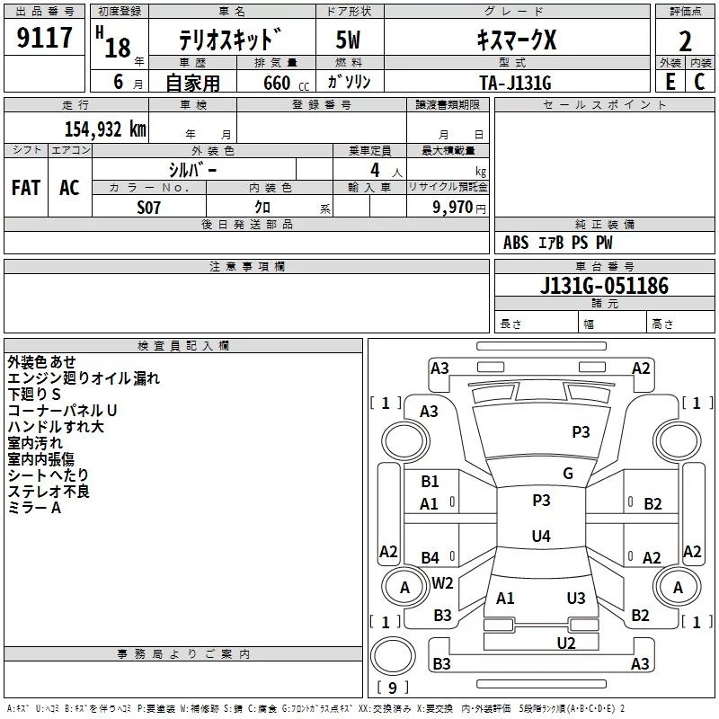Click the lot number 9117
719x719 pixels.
point(44,39)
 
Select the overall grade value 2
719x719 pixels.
point(685,41)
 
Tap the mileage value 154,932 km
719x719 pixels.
point(106,129)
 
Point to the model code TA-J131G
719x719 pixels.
point(515,82)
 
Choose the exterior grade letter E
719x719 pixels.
point(670,82)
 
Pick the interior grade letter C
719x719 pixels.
point(699,82)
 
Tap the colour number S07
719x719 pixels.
point(148,208)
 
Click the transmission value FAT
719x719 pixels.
point(26,188)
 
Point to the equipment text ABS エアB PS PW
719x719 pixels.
point(558,243)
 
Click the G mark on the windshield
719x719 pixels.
point(568,474)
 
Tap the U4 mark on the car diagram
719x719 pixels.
point(540,537)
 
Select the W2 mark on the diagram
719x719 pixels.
point(442,582)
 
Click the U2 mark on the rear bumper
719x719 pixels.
point(565,643)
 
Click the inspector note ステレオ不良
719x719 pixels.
point(49,491)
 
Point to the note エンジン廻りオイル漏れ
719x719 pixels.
point(83,377)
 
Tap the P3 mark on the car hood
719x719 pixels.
point(581,432)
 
